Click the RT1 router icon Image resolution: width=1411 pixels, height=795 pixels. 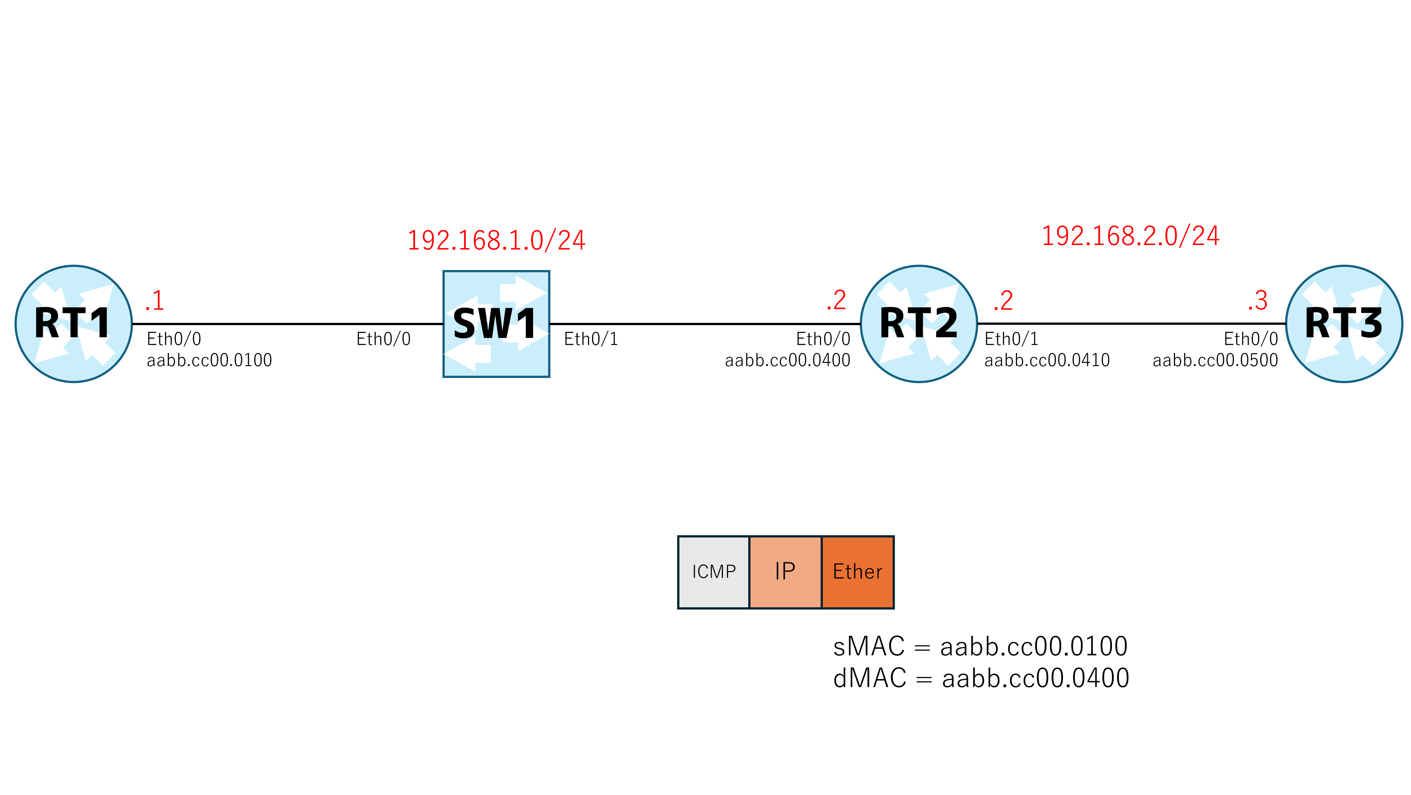(73, 324)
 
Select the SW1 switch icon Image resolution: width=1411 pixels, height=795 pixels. (496, 324)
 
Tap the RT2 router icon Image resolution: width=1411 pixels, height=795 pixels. (919, 324)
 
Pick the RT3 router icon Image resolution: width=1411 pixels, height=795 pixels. (1344, 324)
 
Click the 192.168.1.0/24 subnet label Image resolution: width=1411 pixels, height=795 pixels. (496, 241)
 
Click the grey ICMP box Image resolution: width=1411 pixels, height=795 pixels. (714, 572)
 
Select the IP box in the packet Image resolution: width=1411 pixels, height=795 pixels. (785, 572)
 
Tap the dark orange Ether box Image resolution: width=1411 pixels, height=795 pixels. (858, 572)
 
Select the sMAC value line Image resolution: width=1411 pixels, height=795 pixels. (980, 646)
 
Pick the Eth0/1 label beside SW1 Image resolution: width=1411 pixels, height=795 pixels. (591, 339)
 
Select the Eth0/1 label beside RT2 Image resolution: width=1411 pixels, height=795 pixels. (1011, 339)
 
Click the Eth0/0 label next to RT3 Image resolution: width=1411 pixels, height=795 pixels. (1251, 339)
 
